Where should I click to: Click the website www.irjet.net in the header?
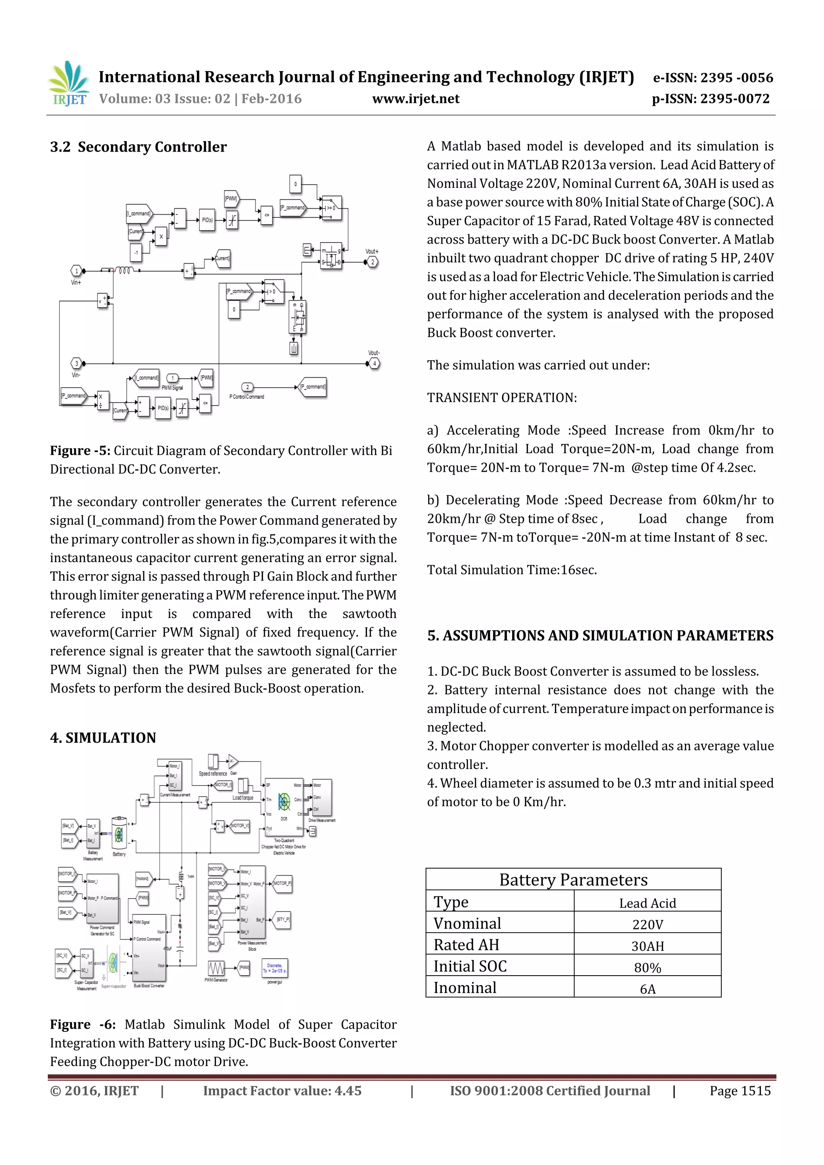[x=415, y=99]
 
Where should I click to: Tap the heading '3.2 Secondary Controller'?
[x=138, y=147]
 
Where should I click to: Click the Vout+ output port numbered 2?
[x=372, y=262]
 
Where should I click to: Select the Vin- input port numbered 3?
[x=76, y=363]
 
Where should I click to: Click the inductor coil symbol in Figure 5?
[x=124, y=271]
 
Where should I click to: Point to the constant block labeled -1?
[x=136, y=252]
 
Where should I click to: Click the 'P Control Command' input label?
[x=247, y=397]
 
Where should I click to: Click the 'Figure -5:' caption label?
[x=80, y=450]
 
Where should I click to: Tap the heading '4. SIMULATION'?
[x=103, y=738]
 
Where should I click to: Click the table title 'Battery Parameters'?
[x=573, y=880]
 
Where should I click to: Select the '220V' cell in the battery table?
[x=647, y=925]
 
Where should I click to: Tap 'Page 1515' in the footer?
[x=740, y=1091]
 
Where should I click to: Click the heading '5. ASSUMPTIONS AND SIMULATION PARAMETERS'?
[x=600, y=636]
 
